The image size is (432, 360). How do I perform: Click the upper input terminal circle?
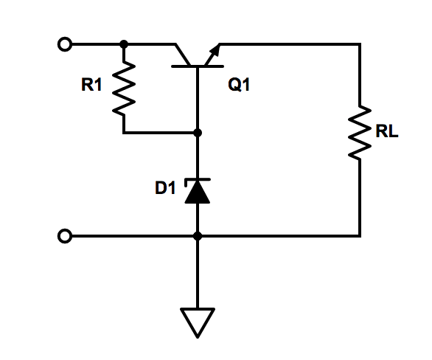coord(65,44)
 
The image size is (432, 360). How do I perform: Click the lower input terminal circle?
coord(65,236)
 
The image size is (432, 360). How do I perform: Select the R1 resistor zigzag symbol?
coord(124,89)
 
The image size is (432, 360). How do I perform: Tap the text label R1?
coord(91,86)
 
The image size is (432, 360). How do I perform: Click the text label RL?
coord(387,134)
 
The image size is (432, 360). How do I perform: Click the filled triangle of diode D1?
coord(198,192)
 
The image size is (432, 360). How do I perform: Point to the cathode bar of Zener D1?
coord(198,180)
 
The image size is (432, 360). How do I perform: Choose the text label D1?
coord(165,188)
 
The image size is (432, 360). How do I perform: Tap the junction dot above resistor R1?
coord(124,44)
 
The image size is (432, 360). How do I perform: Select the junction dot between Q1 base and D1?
coord(198,134)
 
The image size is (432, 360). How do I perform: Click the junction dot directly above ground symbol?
coord(198,236)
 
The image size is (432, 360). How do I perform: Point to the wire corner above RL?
coord(360,44)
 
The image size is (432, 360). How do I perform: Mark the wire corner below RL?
coord(360,236)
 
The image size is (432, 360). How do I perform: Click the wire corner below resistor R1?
coord(124,134)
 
